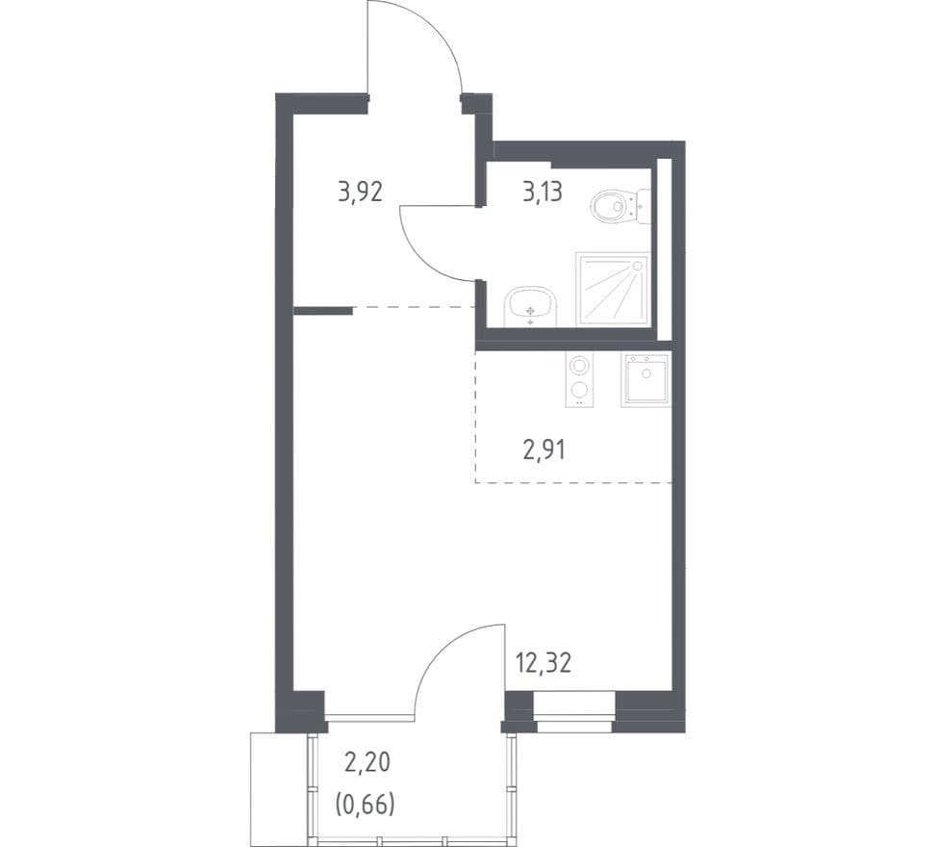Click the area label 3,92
(x=360, y=192)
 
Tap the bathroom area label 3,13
(x=542, y=192)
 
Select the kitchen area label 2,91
(x=544, y=450)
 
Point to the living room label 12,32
(x=543, y=663)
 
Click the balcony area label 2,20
(x=367, y=762)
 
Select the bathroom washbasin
(x=531, y=306)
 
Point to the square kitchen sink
(x=645, y=379)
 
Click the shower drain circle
(x=638, y=265)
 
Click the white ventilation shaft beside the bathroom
(x=665, y=249)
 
